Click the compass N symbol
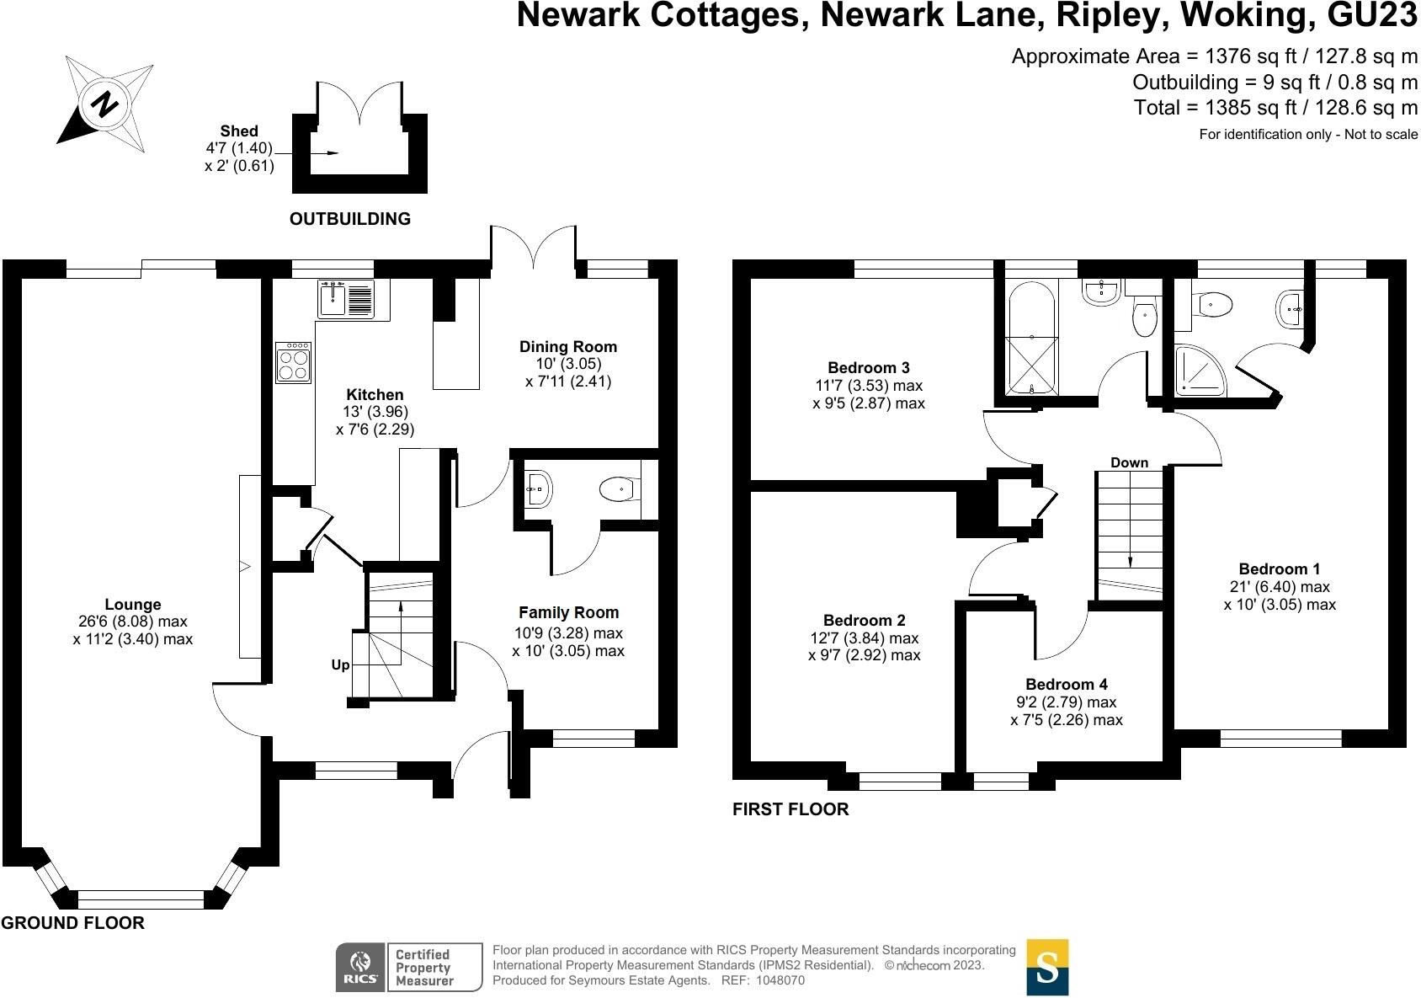105,104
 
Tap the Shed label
239,131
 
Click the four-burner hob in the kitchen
293,363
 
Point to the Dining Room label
567,347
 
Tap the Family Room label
568,613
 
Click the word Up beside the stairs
340,665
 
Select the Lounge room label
133,605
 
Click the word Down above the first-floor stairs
1129,462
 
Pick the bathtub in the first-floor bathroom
1031,339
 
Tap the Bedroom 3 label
869,368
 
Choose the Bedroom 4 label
1067,685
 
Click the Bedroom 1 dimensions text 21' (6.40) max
1280,587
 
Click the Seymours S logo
1047,968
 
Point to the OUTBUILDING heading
350,219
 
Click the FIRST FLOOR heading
790,810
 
